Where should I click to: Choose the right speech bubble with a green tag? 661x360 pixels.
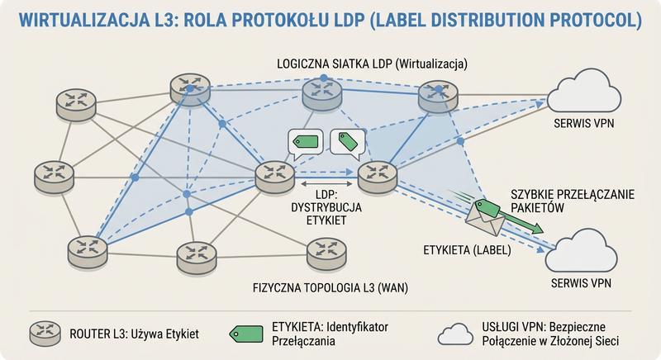click(x=348, y=142)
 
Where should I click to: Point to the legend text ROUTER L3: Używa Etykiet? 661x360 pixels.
click(x=136, y=333)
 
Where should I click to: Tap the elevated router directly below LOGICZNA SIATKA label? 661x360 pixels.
click(x=321, y=94)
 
